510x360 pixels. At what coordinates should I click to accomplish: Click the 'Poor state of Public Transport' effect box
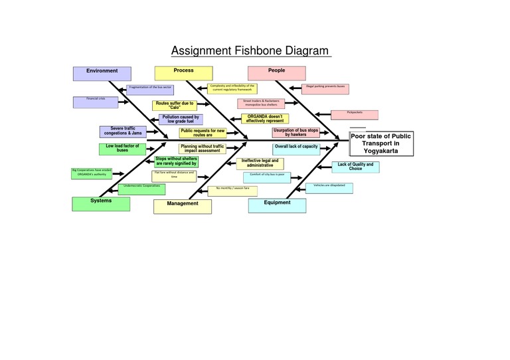coord(381,143)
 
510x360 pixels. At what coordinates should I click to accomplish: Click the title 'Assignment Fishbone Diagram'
coord(250,51)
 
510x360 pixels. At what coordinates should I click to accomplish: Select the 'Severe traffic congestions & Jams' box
coord(123,132)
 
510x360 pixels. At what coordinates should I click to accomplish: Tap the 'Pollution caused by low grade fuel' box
coord(180,119)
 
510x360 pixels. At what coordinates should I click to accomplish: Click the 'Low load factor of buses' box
coord(122,149)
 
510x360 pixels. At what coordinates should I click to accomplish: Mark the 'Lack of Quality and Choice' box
coord(355,167)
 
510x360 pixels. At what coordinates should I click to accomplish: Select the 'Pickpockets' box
coord(354,114)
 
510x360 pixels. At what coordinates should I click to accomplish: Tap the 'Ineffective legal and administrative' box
coord(260,163)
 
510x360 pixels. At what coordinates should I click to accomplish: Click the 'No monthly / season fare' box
coord(232,191)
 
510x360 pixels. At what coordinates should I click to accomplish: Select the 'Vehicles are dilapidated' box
coord(329,188)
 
